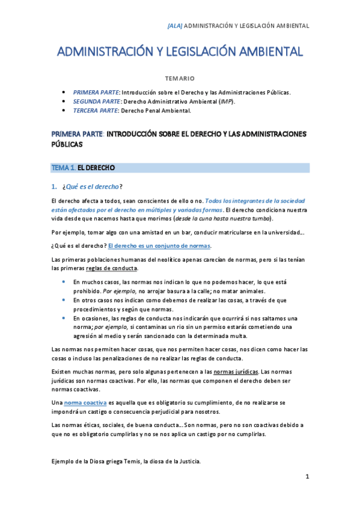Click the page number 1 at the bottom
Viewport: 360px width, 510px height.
point(307,477)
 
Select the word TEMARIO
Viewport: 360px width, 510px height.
point(180,78)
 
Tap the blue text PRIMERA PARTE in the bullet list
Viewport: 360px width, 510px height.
point(96,93)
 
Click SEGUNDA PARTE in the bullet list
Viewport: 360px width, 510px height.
point(97,102)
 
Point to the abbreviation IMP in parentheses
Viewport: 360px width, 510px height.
point(225,102)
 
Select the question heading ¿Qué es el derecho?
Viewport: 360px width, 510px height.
point(92,186)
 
